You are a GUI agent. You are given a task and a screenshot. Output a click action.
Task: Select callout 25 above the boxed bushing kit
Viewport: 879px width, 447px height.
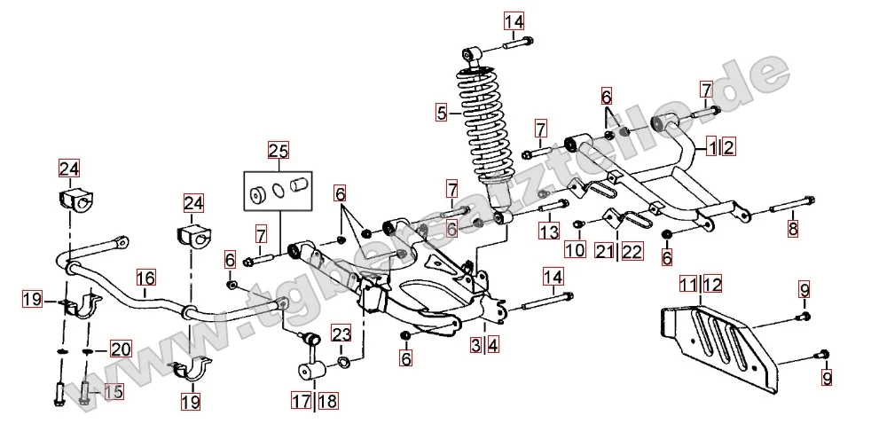(279, 150)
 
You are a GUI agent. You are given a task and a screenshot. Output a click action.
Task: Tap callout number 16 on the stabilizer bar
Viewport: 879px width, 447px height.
(145, 278)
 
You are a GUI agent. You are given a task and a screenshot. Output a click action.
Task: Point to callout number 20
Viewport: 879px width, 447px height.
(121, 349)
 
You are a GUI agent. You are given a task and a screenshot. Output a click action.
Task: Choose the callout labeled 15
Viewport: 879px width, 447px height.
(113, 391)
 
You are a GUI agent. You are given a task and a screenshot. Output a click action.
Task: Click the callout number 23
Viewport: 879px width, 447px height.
(342, 335)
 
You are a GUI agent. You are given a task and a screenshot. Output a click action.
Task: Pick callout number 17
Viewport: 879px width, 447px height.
(302, 401)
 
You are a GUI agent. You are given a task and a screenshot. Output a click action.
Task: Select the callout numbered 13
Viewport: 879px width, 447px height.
(550, 231)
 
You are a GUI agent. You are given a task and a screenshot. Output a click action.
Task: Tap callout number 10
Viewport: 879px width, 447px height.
(575, 251)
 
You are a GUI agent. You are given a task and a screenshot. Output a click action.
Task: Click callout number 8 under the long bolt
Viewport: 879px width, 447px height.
(792, 228)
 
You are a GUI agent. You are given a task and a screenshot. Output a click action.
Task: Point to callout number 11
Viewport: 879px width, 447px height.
(688, 285)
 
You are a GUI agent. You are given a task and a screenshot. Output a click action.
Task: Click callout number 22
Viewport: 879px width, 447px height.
(632, 252)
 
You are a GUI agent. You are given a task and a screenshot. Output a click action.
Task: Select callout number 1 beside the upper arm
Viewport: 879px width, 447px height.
(712, 147)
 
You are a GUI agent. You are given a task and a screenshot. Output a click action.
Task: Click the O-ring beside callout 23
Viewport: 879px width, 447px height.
(345, 363)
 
